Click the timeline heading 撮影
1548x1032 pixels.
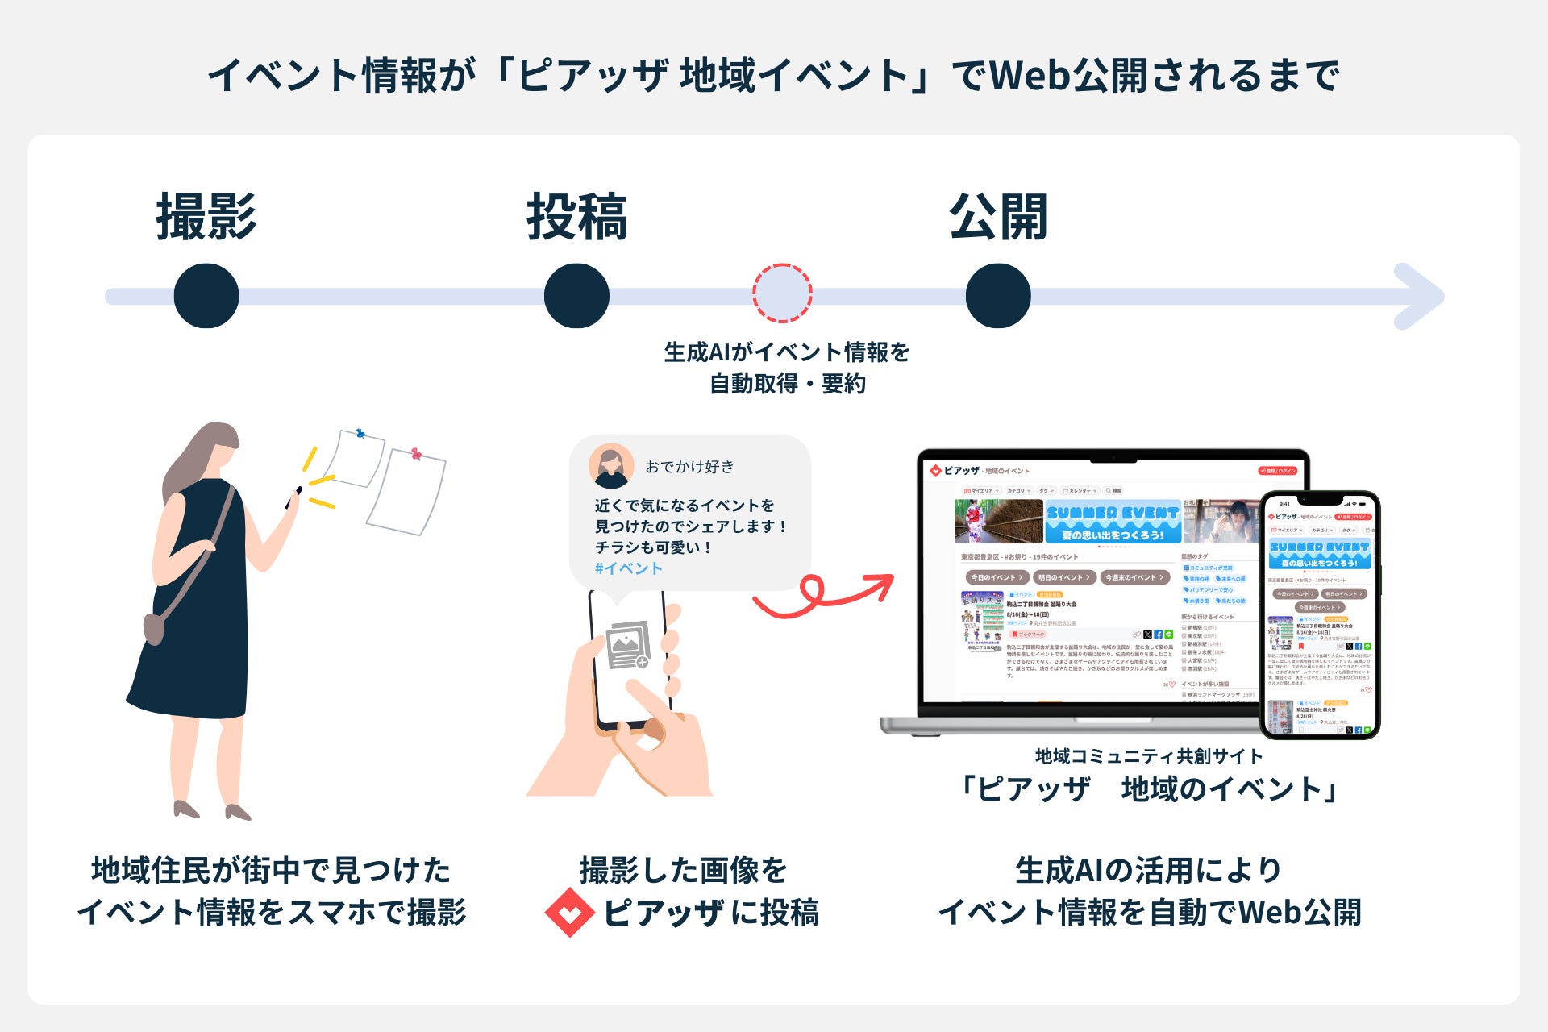click(x=206, y=218)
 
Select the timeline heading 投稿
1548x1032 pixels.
click(x=576, y=218)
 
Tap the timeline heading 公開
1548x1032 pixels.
click(x=998, y=218)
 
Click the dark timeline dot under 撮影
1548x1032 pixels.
click(x=206, y=296)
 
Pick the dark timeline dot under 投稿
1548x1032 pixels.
click(x=576, y=296)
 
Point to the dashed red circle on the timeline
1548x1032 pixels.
click(x=782, y=293)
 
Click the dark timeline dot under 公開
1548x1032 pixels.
click(x=998, y=296)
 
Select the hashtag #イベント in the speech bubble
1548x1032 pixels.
click(x=628, y=568)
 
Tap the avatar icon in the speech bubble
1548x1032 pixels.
click(x=610, y=466)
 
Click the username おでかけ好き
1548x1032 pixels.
click(x=689, y=467)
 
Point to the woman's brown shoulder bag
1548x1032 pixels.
click(x=154, y=628)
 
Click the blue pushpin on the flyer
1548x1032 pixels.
click(x=360, y=434)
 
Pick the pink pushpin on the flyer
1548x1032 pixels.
click(x=416, y=454)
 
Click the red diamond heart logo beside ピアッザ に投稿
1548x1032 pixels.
click(x=570, y=913)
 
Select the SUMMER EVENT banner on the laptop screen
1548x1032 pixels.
click(x=1112, y=522)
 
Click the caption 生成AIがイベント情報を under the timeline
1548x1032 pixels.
click(x=786, y=352)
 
